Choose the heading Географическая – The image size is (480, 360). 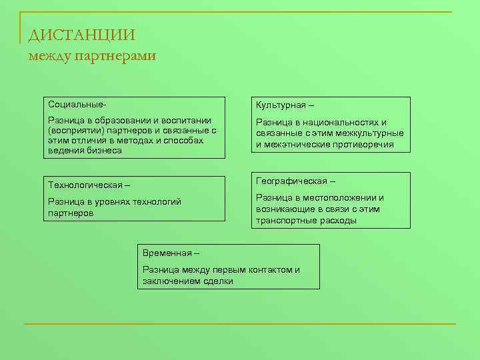pyautogui.click(x=295, y=181)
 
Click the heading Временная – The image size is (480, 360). pyautogui.click(x=171, y=253)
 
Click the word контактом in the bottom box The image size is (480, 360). pyautogui.click(x=267, y=270)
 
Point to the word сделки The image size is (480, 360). pyautogui.click(x=217, y=281)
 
